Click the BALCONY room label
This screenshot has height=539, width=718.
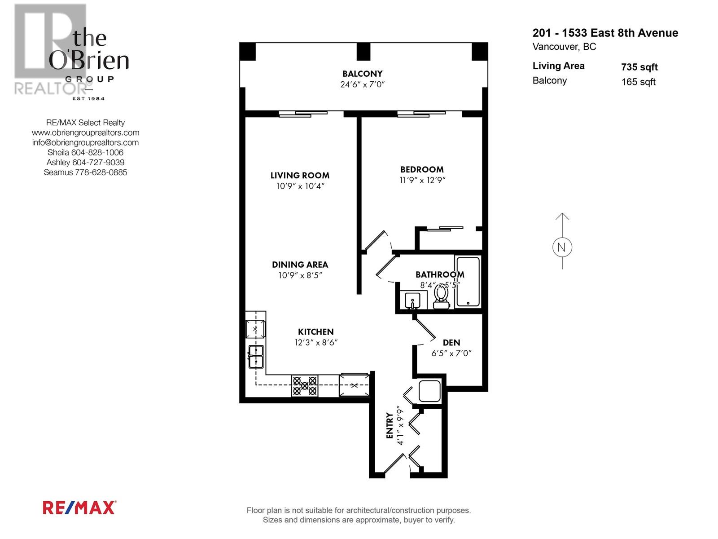[x=362, y=74]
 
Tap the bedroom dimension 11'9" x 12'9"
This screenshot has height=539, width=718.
[x=422, y=180]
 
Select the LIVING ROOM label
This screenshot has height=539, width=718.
[x=300, y=176]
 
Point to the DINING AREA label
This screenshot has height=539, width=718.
[x=300, y=265]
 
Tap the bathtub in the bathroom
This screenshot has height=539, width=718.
[x=468, y=282]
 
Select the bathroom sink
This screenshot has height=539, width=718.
[x=412, y=300]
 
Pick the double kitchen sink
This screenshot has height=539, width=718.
[x=256, y=356]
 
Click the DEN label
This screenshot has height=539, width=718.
[x=451, y=343]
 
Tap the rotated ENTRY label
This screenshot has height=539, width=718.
[x=390, y=426]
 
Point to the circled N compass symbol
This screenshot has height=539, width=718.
[x=562, y=247]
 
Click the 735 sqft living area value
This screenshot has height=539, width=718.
[x=639, y=67]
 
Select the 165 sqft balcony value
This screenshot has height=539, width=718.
[x=638, y=82]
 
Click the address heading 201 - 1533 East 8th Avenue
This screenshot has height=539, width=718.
[x=605, y=33]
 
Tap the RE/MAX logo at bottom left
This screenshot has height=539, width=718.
[x=79, y=508]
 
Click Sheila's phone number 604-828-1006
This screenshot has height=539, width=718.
[x=97, y=152]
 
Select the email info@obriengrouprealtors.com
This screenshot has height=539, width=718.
[x=85, y=142]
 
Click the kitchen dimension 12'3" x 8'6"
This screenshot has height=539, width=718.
[x=316, y=342]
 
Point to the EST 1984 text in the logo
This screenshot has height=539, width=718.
[x=88, y=98]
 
